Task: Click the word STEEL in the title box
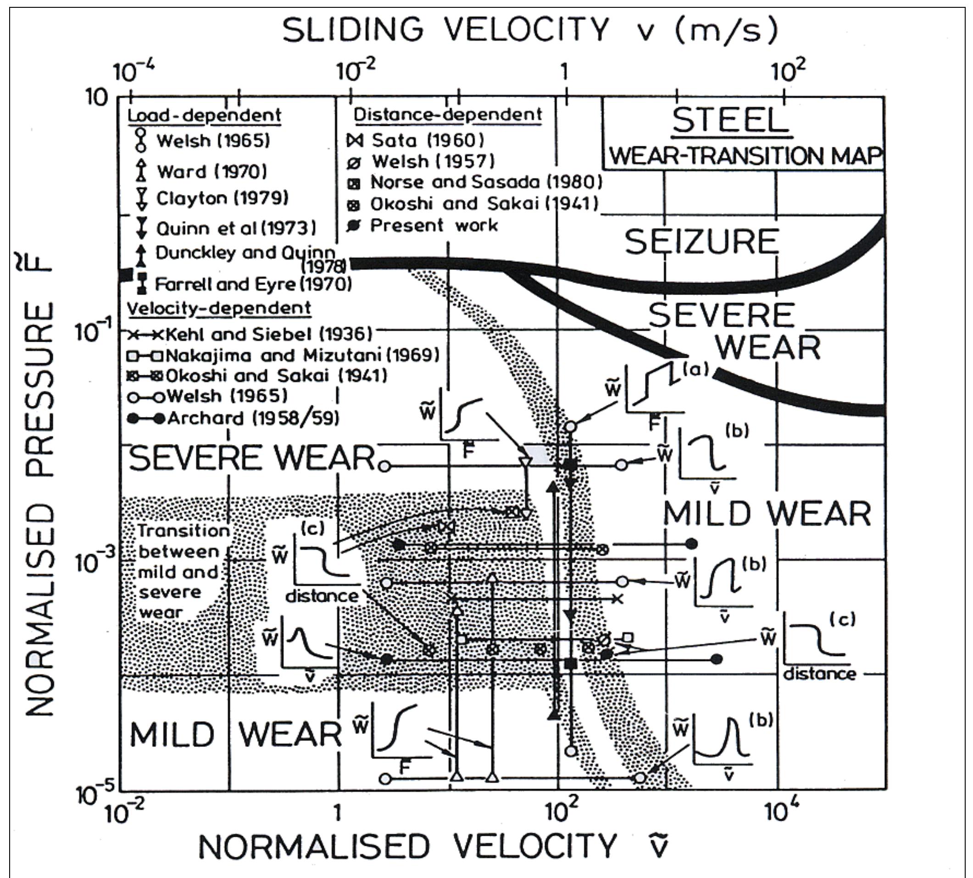(x=730, y=121)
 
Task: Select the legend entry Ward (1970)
(x=211, y=171)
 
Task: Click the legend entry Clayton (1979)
(x=222, y=198)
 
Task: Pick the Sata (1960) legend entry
(x=427, y=140)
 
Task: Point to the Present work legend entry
(x=433, y=225)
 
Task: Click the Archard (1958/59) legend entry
(x=252, y=418)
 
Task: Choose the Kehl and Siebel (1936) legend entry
(x=268, y=334)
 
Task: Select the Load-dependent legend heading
(x=204, y=115)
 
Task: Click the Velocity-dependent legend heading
(x=219, y=308)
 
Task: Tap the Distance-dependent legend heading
(x=448, y=115)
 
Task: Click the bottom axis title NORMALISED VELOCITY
(x=408, y=846)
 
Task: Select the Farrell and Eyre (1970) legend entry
(x=253, y=284)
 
